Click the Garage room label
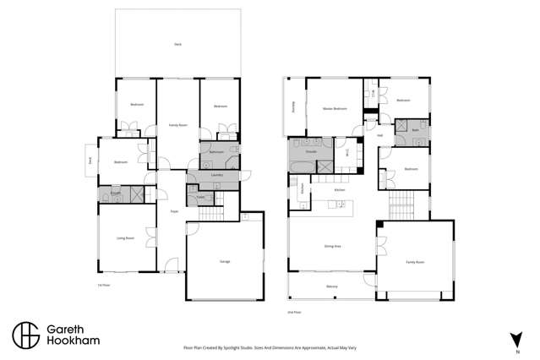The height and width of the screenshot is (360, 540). click(225, 261)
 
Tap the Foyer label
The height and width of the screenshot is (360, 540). click(173, 210)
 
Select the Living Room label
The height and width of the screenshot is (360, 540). click(125, 238)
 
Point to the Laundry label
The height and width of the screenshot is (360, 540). click(205, 176)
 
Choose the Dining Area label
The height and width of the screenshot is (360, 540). click(332, 246)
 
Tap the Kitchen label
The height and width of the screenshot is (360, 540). click(340, 191)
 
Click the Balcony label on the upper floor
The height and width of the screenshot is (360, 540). click(331, 286)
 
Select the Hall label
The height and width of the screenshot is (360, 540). click(380, 135)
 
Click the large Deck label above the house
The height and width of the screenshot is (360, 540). click(177, 43)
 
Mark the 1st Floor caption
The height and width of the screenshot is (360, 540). click(103, 285)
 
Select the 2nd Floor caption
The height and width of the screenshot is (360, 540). click(295, 312)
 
